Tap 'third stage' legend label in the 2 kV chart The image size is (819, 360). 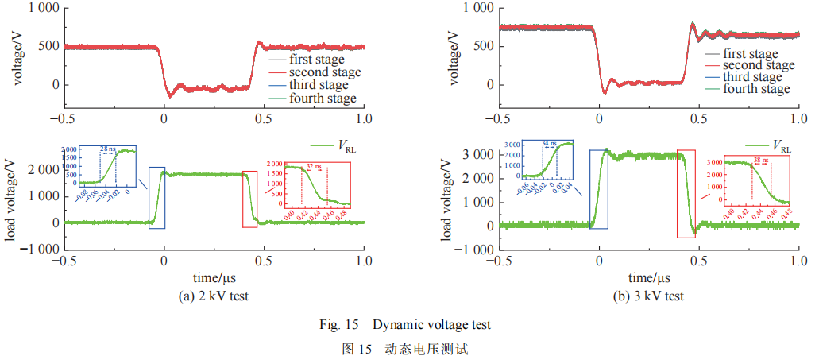(319, 85)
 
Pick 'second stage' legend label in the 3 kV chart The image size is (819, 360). (758, 65)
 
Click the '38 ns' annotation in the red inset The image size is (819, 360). (758, 161)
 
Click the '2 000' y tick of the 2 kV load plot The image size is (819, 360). (40, 169)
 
